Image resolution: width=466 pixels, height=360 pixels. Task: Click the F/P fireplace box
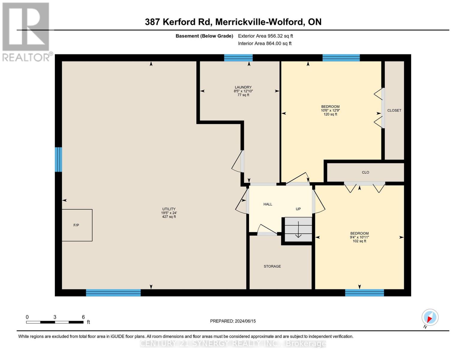[x=77, y=225]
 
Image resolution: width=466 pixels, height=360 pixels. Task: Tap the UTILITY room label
[x=169, y=209]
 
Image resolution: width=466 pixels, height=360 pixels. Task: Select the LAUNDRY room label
[x=243, y=87]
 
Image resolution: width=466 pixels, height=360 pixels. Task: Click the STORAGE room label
[x=272, y=266]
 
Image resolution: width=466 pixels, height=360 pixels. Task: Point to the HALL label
[x=268, y=204]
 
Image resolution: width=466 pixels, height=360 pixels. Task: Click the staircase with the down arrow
[x=298, y=229]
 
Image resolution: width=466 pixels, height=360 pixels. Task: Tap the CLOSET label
[x=394, y=110]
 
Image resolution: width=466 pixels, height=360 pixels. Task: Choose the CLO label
[x=365, y=172]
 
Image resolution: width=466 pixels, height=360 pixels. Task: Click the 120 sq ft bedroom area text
[x=330, y=114]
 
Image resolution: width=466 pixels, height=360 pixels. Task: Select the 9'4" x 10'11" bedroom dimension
[x=359, y=237]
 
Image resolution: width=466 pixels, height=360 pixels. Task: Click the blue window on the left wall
[x=58, y=159]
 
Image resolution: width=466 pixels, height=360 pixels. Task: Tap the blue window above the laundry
[x=238, y=58]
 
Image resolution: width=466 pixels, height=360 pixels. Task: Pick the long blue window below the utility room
[x=113, y=293]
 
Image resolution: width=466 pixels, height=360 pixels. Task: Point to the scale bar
[x=55, y=322]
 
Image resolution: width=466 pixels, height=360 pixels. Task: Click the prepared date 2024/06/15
[x=245, y=321]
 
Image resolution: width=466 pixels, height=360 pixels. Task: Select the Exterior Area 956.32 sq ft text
[x=265, y=36]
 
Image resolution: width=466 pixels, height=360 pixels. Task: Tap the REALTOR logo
[x=26, y=31]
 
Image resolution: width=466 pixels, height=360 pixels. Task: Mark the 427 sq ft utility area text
[x=169, y=217]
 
